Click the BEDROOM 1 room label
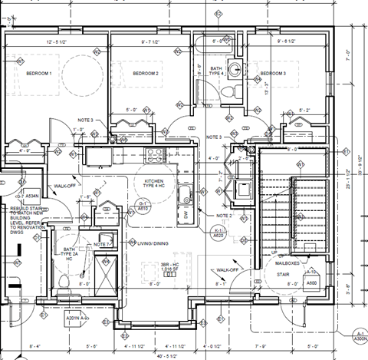pyautogui.click(x=38, y=74)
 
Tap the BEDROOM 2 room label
pyautogui.click(x=145, y=74)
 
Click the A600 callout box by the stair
pyautogui.click(x=312, y=282)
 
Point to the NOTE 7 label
pyautogui.click(x=103, y=244)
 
